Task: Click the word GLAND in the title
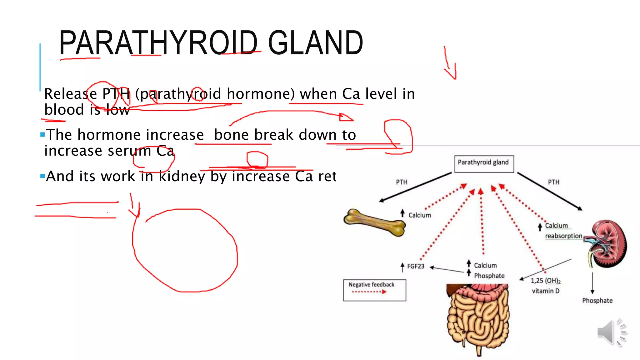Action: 315,43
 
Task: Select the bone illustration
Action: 374,222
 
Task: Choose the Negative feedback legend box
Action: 374,290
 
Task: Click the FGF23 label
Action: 416,266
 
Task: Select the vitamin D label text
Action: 546,291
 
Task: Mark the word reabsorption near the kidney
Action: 563,236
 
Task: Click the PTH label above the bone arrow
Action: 402,182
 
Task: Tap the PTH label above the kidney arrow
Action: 553,182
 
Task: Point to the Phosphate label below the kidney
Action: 597,301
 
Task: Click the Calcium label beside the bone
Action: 419,215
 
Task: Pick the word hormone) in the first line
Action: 261,94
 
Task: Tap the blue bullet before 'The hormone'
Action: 42,135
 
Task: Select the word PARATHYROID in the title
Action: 158,43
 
